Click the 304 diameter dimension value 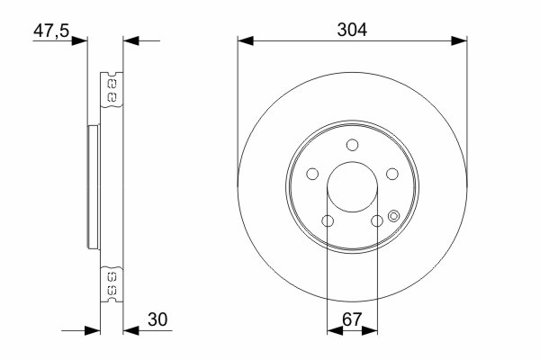tap(352, 30)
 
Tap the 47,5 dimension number tap(51, 31)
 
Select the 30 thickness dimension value tap(157, 319)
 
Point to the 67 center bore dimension tap(352, 319)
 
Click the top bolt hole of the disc tap(352, 145)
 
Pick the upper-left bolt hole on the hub tap(312, 174)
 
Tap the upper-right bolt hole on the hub tap(391, 174)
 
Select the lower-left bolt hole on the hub tap(328, 220)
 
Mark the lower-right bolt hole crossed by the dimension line tap(377, 220)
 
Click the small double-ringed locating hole tap(393, 216)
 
